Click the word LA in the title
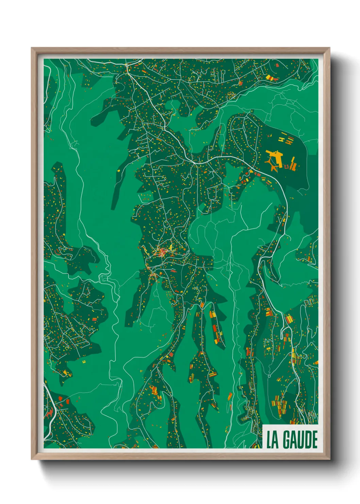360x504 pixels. coord(273,440)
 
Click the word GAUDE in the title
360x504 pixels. coord(301,440)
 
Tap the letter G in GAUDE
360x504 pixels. coord(286,440)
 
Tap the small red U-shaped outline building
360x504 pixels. coord(287,167)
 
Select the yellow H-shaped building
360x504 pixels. coord(281,139)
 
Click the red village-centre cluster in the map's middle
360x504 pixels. coord(163,252)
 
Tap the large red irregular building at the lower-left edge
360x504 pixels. coord(50,413)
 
